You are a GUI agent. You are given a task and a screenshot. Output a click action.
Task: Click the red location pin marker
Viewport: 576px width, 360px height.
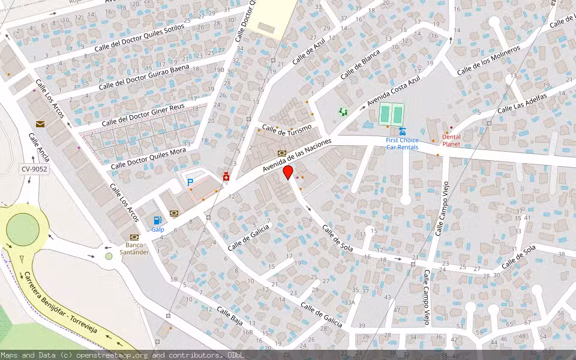[288, 172]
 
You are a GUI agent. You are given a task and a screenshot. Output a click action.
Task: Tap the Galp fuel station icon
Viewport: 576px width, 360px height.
[157, 220]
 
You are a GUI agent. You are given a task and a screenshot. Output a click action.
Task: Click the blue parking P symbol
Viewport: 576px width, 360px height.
[190, 182]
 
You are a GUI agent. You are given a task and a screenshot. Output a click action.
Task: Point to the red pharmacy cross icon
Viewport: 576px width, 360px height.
[226, 177]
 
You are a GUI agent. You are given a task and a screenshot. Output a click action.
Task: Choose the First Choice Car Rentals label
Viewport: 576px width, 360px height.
[402, 143]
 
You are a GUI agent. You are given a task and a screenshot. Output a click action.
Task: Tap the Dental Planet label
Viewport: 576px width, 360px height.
[451, 140]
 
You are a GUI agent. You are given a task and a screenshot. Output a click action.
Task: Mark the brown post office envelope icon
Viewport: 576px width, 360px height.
[40, 124]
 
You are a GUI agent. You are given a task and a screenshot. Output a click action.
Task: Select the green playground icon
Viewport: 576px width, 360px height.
[343, 112]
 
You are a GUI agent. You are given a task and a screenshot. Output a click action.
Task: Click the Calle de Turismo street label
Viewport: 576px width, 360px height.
[287, 129]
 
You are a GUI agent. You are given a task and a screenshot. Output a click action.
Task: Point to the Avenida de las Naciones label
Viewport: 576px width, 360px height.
[298, 157]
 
